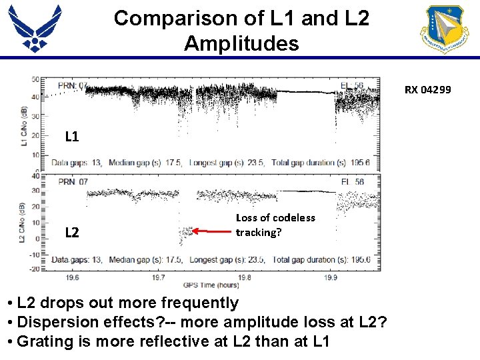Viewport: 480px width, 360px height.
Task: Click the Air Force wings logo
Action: point(35,28)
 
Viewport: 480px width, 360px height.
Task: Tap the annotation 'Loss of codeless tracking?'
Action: point(275,225)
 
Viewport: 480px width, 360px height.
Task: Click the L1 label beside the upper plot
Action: point(72,137)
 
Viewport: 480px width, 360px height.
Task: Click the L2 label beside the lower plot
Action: point(72,233)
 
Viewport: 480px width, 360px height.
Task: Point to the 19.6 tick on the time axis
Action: point(73,277)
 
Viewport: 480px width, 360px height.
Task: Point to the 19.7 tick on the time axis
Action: point(159,277)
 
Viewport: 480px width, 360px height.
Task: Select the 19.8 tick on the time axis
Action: point(244,277)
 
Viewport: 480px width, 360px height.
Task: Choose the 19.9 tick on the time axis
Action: point(330,277)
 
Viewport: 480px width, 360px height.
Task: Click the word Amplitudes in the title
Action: point(241,44)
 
